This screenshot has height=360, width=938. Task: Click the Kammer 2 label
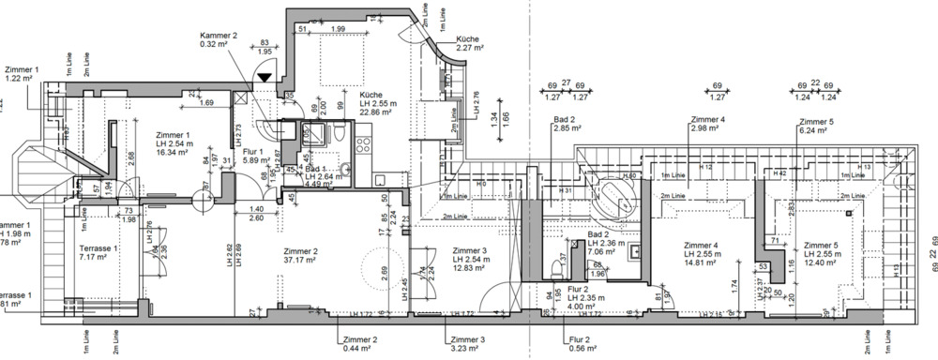point(219,36)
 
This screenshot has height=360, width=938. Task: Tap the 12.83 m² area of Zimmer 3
point(468,268)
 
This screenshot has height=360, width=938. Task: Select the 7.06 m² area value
point(600,252)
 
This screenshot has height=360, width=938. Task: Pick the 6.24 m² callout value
point(814,131)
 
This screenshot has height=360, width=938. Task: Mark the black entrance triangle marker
point(265,79)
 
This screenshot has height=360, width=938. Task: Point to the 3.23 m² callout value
point(465,349)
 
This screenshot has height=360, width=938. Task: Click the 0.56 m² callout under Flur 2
point(582,350)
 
